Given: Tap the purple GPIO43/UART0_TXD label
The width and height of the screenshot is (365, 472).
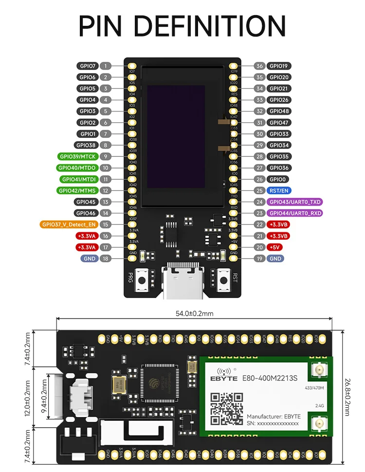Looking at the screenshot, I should click(x=295, y=202).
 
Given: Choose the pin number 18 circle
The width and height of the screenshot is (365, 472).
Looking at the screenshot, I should click(x=106, y=259).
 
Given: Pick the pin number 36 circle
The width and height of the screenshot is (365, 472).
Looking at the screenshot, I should click(x=259, y=66).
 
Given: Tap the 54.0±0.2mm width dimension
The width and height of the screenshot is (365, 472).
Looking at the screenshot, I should click(x=194, y=313).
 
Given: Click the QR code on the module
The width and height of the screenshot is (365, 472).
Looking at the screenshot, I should click(x=226, y=409).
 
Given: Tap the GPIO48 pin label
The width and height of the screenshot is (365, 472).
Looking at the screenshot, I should click(x=279, y=111).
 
